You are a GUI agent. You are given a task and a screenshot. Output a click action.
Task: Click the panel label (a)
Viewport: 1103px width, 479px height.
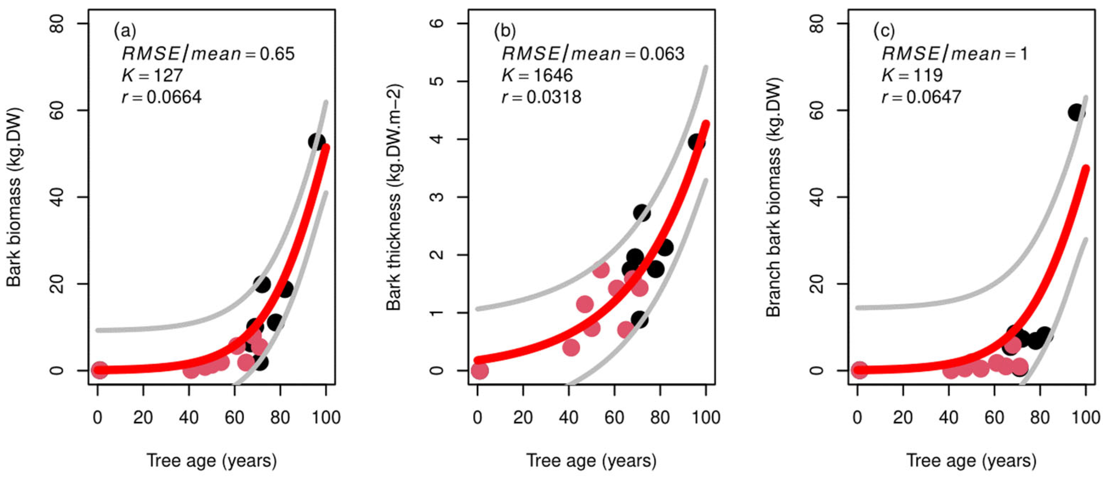point(125,31)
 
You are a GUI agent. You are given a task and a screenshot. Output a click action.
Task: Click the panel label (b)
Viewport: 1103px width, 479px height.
point(505,31)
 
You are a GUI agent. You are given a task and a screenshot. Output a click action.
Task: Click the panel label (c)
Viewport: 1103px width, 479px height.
point(884,31)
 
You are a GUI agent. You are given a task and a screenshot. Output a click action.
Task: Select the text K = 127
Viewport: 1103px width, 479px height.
point(152,76)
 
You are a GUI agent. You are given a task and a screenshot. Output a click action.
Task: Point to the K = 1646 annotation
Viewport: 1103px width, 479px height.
point(537,76)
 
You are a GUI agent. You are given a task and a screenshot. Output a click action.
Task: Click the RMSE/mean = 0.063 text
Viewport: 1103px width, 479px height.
point(593,53)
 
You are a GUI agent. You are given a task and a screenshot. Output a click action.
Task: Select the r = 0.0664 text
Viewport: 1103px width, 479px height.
point(161,97)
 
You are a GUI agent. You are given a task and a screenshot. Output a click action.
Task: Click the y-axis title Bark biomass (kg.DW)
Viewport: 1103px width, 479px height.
point(14,197)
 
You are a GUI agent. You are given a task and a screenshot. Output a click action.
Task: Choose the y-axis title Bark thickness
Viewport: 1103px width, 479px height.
point(394,197)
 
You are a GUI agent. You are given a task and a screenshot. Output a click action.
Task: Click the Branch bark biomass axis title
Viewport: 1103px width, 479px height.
point(774,197)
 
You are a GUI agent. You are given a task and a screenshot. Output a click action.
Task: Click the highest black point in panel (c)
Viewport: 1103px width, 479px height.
point(1076,113)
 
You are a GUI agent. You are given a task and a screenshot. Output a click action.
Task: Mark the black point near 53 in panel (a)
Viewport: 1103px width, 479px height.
point(317,141)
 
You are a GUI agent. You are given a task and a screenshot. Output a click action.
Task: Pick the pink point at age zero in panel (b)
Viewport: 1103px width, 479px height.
point(479,371)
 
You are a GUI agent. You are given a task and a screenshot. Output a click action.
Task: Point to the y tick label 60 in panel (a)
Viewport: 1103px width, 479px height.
point(57,110)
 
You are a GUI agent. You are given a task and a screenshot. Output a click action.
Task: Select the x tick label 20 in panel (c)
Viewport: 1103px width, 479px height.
point(903,417)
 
